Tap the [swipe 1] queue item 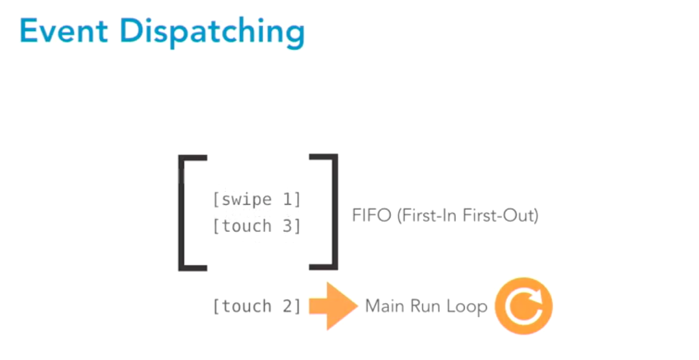(256, 200)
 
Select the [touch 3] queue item (256, 226)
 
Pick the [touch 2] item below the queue (256, 307)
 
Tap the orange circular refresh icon (523, 307)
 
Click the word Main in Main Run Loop (379, 307)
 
